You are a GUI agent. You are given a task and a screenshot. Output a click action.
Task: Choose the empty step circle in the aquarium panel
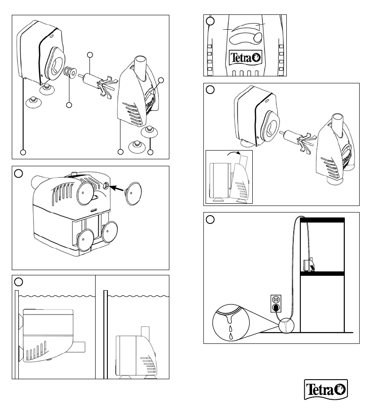click(x=210, y=219)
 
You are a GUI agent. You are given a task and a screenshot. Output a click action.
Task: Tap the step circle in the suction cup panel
click(x=18, y=173)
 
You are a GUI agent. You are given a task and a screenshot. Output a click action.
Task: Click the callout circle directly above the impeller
click(x=90, y=55)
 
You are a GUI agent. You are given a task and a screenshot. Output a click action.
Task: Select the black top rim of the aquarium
click(x=323, y=219)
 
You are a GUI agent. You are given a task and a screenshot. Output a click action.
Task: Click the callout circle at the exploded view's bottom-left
click(x=23, y=152)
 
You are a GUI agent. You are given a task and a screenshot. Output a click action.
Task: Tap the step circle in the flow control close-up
click(x=210, y=21)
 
